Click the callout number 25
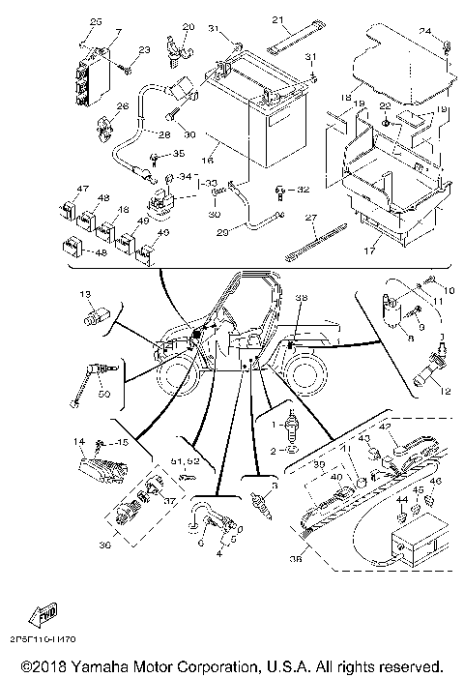[x=95, y=21]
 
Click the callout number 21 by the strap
[x=277, y=20]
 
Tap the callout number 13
[x=85, y=293]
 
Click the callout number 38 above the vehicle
[x=301, y=299]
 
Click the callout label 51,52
[x=185, y=463]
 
